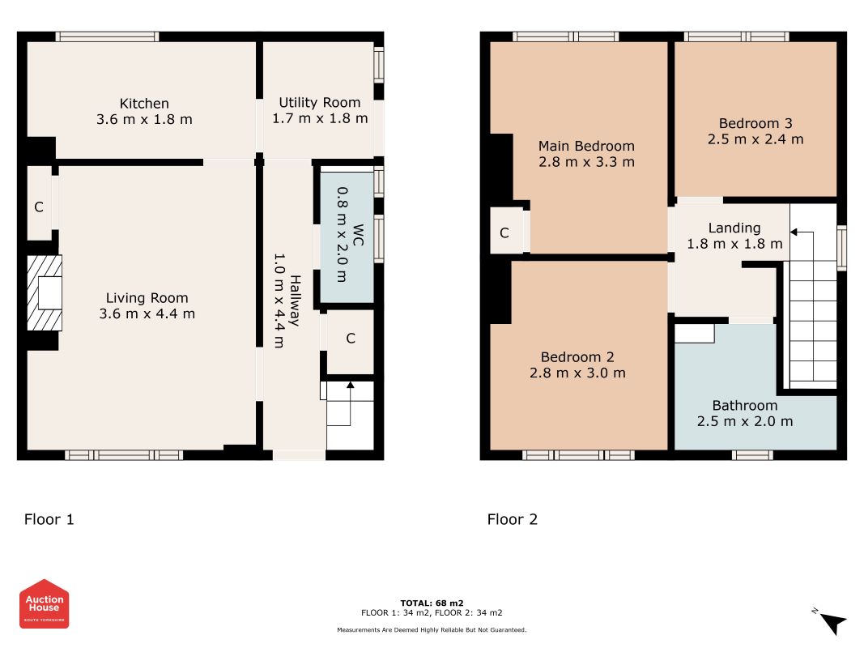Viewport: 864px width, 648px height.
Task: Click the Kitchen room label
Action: coord(144,104)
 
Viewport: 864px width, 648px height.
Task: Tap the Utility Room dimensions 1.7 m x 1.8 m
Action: coord(320,118)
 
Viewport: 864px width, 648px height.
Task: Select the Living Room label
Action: coord(147,298)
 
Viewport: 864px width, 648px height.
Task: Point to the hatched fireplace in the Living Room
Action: coord(45,292)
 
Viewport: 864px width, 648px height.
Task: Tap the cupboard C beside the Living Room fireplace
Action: coord(39,207)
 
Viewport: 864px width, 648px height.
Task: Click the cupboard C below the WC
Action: coord(351,339)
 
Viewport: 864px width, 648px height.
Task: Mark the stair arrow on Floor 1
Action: coord(350,403)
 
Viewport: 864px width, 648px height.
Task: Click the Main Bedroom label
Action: coord(586,146)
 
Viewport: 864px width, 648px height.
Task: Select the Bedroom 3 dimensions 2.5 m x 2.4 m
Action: coord(755,139)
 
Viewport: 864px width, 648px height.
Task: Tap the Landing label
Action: coord(734,228)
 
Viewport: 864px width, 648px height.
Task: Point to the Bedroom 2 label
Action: coord(577,357)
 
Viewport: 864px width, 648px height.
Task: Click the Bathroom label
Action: coord(745,406)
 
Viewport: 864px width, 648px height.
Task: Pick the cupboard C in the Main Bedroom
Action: coord(504,233)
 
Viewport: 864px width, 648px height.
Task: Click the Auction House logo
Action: coord(44,604)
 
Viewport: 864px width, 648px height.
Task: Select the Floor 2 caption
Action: coord(513,519)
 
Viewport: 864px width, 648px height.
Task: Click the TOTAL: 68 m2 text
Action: coord(432,603)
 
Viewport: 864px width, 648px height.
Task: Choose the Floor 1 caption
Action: coord(49,519)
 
